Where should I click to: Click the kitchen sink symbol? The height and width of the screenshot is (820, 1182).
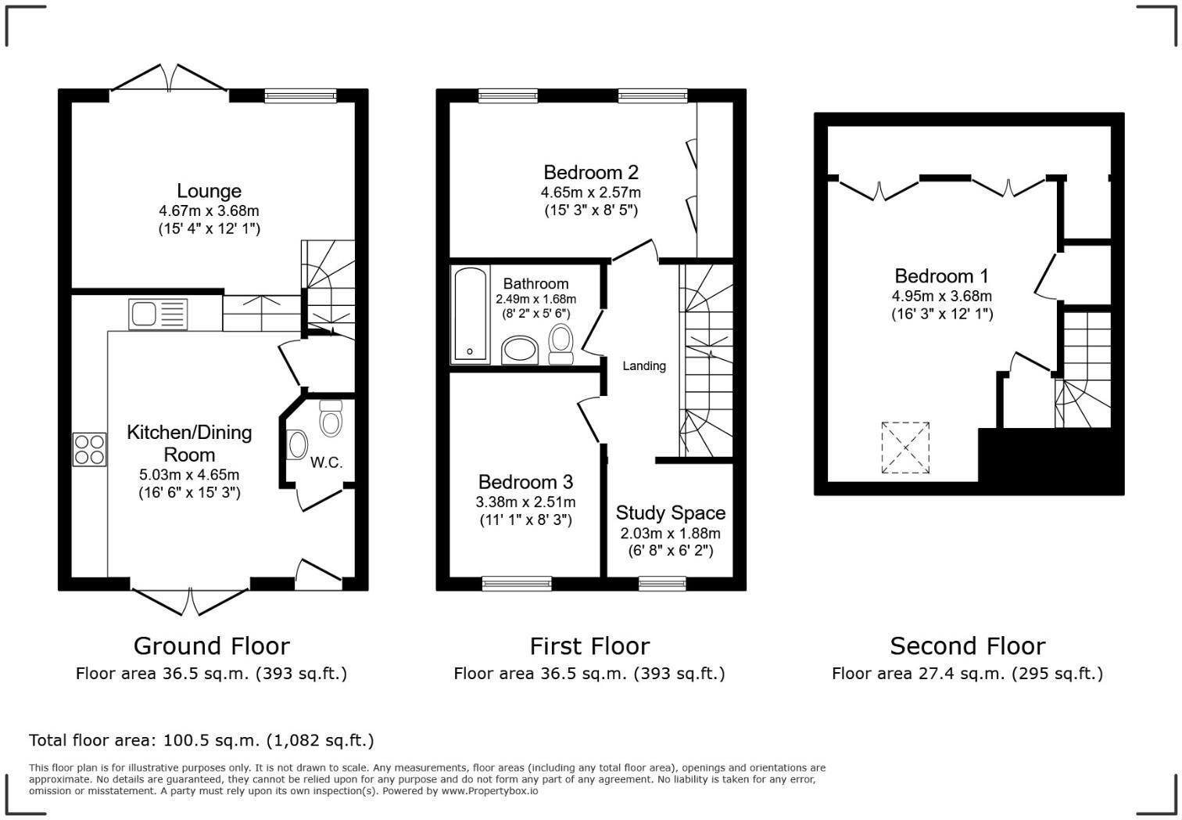(157, 315)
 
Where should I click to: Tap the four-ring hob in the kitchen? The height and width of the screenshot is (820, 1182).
(89, 449)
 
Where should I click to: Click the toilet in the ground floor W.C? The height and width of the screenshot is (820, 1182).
(331, 419)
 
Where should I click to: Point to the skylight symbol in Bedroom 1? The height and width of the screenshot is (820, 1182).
(905, 448)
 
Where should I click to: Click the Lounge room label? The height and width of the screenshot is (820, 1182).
(209, 191)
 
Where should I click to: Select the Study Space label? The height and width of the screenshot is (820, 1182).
(670, 513)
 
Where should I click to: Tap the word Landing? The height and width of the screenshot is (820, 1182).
(643, 366)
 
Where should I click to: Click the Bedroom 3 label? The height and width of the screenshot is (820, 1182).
(525, 482)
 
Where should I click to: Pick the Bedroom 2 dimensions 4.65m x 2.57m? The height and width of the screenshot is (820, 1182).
(590, 192)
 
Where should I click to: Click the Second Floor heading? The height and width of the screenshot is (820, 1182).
(967, 646)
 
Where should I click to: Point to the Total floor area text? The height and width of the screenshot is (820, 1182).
(201, 740)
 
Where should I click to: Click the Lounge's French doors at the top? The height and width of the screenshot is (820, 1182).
(169, 78)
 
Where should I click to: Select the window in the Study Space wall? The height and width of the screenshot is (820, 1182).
(662, 583)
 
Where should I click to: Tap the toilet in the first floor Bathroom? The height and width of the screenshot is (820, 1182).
(561, 343)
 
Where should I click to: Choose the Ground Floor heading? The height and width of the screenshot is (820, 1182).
(211, 646)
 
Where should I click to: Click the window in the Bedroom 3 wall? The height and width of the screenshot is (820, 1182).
(516, 583)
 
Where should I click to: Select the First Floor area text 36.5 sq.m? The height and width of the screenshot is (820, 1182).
(589, 674)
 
